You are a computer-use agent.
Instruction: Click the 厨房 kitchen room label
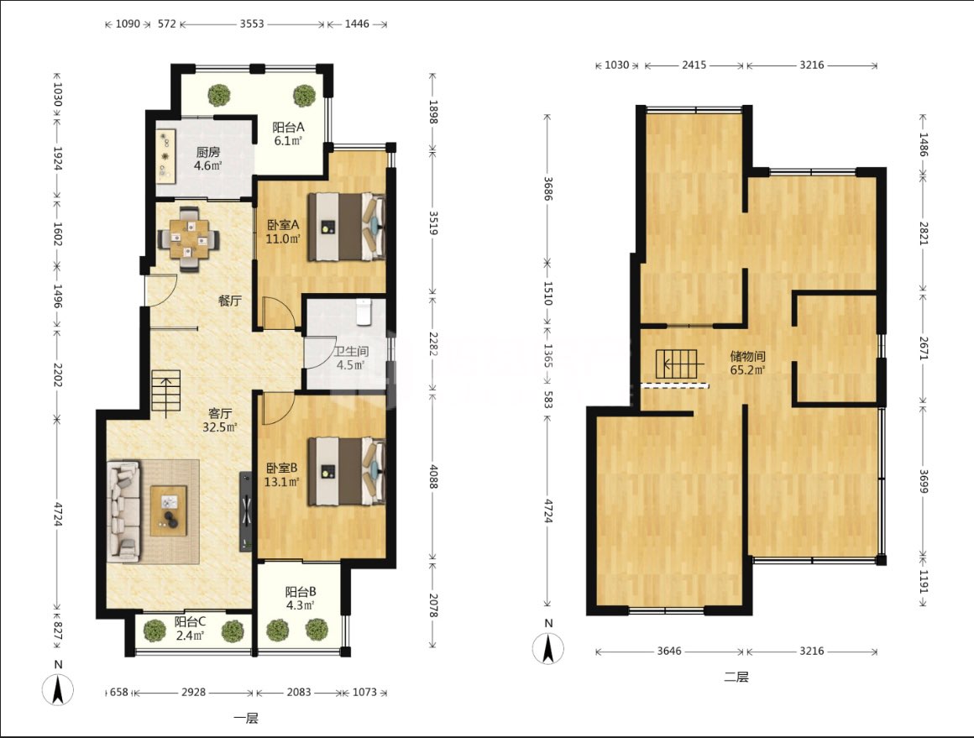pyautogui.click(x=208, y=152)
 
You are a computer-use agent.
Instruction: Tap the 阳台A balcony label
pyautogui.click(x=288, y=128)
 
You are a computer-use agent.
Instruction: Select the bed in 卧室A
pyautogui.click(x=347, y=226)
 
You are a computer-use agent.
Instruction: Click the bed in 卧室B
pyautogui.click(x=347, y=471)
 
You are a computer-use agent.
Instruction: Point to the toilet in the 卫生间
pyautogui.click(x=364, y=311)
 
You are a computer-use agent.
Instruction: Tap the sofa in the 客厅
pyautogui.click(x=123, y=511)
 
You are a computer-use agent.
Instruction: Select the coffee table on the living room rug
pyautogui.click(x=168, y=510)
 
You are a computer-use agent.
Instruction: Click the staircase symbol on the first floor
pyautogui.click(x=166, y=394)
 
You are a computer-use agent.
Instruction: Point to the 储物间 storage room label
pyautogui.click(x=747, y=356)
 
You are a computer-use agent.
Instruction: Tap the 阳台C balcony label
pyautogui.click(x=190, y=621)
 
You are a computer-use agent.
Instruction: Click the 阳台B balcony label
pyautogui.click(x=301, y=591)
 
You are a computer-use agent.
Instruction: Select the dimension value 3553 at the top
pyautogui.click(x=252, y=24)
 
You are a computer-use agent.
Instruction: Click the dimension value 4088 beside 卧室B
pyautogui.click(x=433, y=476)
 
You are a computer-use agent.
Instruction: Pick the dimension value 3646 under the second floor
pyautogui.click(x=669, y=651)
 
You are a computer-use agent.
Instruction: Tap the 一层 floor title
pyautogui.click(x=246, y=718)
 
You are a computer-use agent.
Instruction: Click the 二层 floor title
pyautogui.click(x=736, y=677)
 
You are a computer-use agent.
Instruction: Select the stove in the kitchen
pyautogui.click(x=165, y=156)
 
